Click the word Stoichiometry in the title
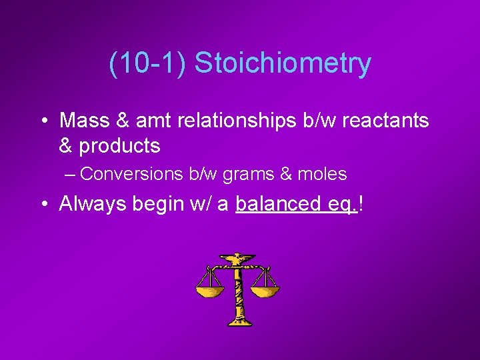283,64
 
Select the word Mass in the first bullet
83,121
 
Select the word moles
323,175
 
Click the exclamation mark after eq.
361,203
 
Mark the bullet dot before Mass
43,121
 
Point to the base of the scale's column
237,322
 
